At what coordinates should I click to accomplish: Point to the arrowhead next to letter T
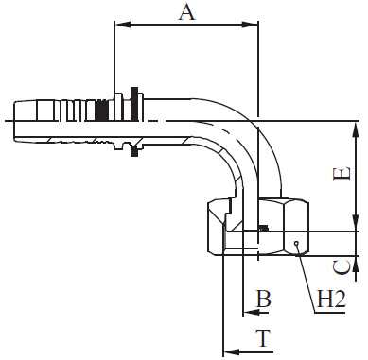pos(227,352)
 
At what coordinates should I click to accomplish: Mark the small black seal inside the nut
pos(264,228)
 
